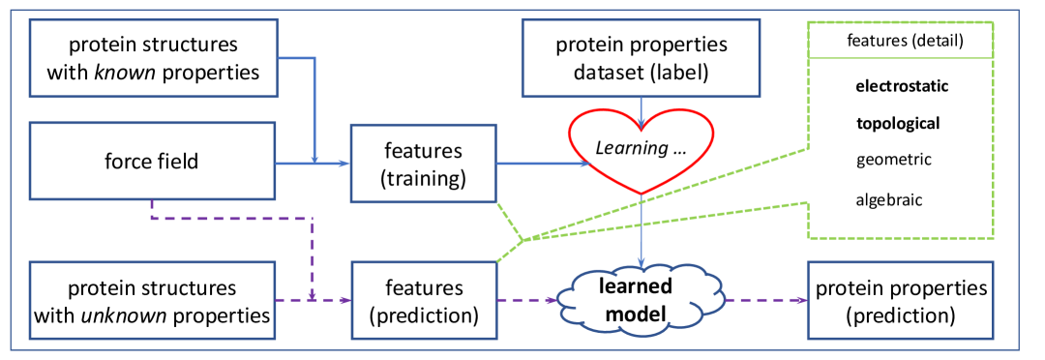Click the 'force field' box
click(x=153, y=161)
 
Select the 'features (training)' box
click(x=424, y=163)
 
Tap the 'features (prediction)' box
click(x=424, y=301)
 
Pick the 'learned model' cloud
click(x=641, y=299)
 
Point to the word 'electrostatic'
click(x=903, y=87)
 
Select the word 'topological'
click(x=898, y=123)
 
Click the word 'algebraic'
click(x=889, y=199)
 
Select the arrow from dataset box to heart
click(x=642, y=112)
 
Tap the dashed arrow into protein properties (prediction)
click(x=766, y=301)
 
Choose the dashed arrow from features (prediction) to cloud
click(x=527, y=301)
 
